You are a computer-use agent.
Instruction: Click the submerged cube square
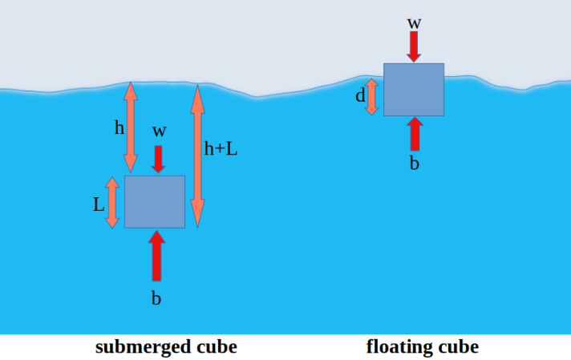[155, 201]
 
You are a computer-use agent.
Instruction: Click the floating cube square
[414, 89]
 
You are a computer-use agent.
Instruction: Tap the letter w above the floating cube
[414, 22]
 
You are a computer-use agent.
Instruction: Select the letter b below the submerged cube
[156, 298]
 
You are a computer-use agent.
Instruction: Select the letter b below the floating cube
[415, 163]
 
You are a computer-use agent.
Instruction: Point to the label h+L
[221, 148]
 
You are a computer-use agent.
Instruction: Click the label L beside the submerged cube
[99, 204]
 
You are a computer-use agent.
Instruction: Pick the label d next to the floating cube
[360, 98]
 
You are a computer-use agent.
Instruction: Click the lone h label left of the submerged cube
[119, 127]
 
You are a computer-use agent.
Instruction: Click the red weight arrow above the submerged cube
[159, 158]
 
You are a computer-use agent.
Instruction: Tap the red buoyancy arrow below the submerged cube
[156, 255]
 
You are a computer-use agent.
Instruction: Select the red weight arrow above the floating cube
[414, 47]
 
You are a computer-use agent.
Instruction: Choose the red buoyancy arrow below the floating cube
[415, 134]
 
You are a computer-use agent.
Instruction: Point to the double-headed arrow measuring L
[112, 202]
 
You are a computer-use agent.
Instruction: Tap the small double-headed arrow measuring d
[371, 96]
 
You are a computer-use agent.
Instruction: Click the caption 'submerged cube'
[166, 347]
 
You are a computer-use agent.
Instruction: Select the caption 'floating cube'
[423, 347]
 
